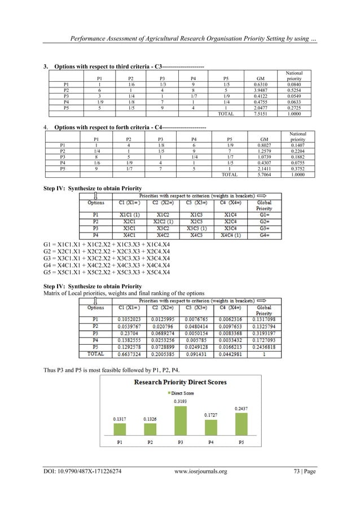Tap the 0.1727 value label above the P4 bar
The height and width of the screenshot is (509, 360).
coord(210,415)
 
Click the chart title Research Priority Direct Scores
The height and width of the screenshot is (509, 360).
coord(180,382)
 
